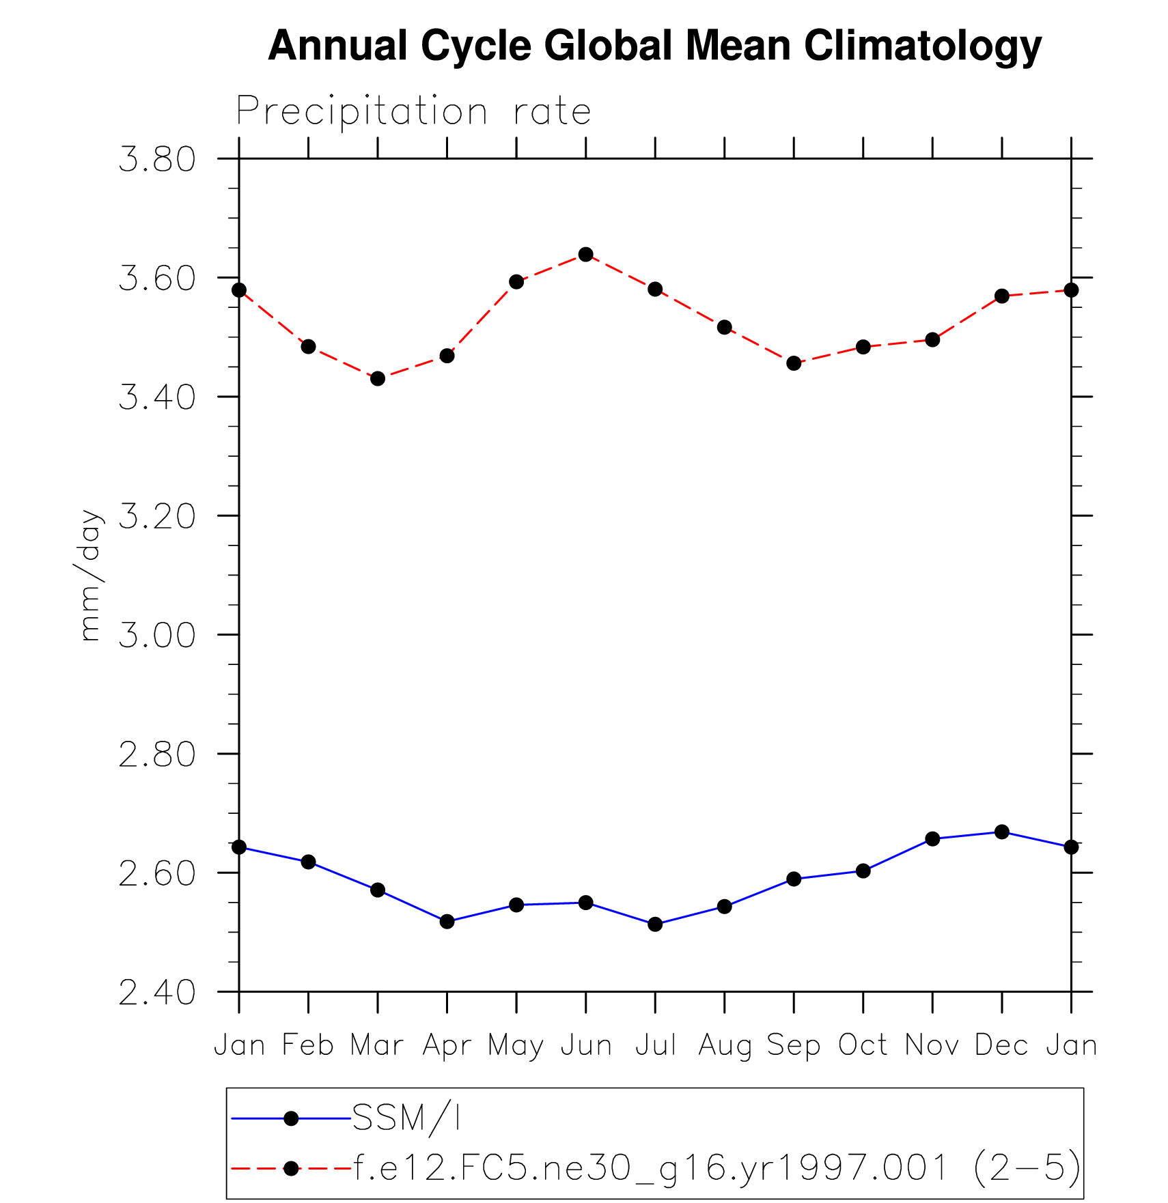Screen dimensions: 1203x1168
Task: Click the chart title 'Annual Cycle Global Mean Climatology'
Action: click(654, 46)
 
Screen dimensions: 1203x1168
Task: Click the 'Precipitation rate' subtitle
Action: click(413, 111)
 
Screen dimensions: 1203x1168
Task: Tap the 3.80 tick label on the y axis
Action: click(157, 160)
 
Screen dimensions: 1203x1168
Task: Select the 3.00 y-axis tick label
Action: click(157, 636)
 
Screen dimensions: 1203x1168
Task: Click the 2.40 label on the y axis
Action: click(157, 993)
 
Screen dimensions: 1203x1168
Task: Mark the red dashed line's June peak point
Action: click(585, 255)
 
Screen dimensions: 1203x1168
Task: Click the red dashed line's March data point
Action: click(378, 378)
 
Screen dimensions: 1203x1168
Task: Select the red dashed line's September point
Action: click(794, 363)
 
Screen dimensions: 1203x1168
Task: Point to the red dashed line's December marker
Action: click(1002, 296)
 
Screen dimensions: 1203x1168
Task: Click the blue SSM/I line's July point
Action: click(655, 924)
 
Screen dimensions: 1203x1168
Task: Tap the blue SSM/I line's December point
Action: click(1002, 832)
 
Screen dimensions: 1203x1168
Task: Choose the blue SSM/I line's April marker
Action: click(447, 922)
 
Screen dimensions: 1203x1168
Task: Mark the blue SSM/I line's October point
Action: click(863, 871)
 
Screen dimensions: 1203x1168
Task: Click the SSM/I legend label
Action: click(406, 1118)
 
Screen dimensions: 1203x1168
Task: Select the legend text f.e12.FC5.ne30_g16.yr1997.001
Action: click(649, 1167)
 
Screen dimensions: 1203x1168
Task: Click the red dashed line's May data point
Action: click(516, 282)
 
